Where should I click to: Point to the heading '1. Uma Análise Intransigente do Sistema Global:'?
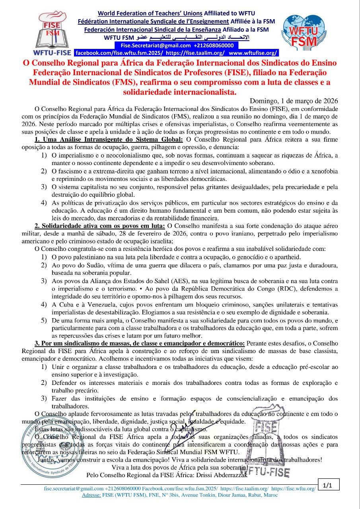[x=109, y=140]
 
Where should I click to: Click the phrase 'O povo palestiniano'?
[x=78, y=257]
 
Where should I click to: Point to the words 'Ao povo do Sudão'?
[x=76, y=265]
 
